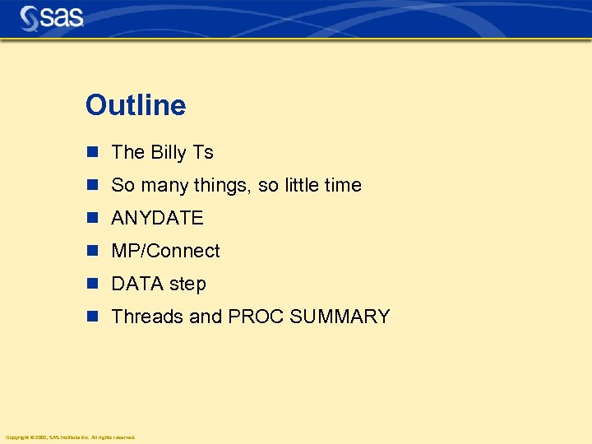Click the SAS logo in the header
[52, 17]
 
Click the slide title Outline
[136, 105]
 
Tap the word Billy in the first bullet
[169, 153]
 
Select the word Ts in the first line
[203, 153]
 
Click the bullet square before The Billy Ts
[94, 152]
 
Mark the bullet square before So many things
[94, 185]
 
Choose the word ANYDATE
[157, 218]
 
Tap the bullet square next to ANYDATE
[94, 218]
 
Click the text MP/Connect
[165, 251]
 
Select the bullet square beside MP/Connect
[94, 251]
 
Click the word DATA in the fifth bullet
[136, 284]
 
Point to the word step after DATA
[187, 284]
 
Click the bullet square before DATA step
[94, 284]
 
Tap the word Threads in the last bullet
[146, 317]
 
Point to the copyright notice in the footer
[70, 437]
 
